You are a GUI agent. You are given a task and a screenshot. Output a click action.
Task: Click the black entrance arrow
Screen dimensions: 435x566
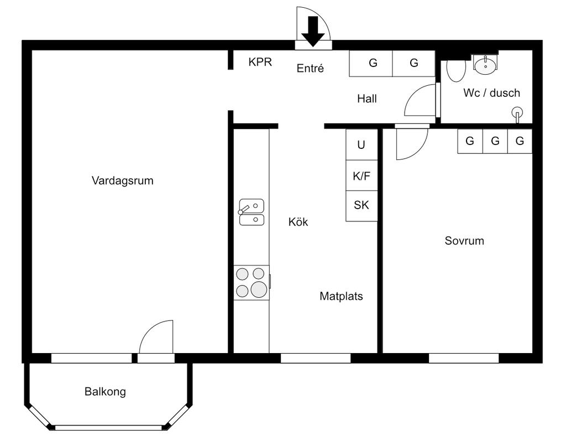coord(313,31)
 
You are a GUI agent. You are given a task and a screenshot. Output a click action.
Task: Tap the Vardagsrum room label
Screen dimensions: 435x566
coord(122,180)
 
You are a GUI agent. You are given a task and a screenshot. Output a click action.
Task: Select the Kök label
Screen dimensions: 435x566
coord(298,222)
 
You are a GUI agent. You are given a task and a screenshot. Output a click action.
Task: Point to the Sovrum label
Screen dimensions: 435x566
coord(464,241)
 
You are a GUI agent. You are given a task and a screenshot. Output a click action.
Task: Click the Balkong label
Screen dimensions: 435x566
coord(105,392)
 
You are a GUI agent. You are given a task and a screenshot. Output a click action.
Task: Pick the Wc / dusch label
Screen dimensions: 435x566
coord(491,93)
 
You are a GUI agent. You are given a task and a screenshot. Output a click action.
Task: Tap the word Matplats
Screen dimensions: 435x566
coord(341,296)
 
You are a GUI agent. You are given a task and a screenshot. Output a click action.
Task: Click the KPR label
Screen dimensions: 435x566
coord(260,62)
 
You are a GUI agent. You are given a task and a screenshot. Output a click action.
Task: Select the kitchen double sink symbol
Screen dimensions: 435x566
coord(251,213)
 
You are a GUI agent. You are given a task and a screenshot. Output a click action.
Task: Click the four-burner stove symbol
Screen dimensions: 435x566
coord(251,282)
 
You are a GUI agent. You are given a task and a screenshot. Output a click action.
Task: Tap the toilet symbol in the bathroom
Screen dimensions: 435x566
coord(456,70)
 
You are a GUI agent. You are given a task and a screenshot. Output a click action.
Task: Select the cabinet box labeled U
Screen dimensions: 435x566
coord(361,144)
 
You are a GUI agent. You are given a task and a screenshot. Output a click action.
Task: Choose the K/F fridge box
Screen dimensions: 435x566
coord(361,176)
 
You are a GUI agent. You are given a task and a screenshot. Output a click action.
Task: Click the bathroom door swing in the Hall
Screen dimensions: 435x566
coord(420,101)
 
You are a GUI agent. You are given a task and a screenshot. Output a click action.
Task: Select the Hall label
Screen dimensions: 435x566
coord(367,99)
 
